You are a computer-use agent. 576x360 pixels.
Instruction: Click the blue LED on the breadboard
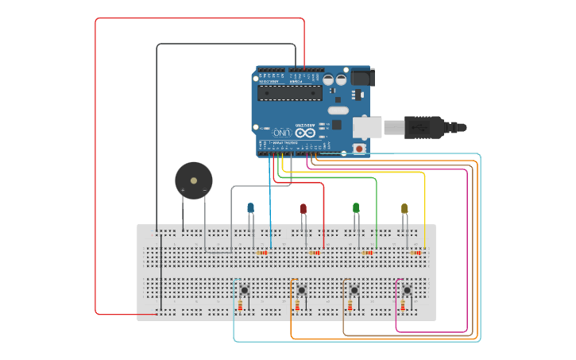251,208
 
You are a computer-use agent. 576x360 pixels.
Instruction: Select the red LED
303,209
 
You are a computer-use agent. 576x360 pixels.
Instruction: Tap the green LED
356,208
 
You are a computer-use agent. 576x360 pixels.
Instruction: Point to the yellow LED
404,209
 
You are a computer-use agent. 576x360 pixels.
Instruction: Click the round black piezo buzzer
194,180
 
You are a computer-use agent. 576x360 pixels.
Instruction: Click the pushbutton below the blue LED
245,290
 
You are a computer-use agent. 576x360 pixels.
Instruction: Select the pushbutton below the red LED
301,290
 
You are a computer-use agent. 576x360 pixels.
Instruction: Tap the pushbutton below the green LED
354,290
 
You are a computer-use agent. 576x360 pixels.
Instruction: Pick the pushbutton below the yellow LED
407,290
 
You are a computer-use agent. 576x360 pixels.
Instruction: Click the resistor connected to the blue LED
261,253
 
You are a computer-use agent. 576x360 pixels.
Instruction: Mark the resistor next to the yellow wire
416,253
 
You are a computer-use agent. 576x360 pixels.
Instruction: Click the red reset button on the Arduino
359,149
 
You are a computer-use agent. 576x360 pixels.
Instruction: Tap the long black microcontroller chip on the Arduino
289,93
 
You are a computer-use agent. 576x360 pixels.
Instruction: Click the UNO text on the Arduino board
281,132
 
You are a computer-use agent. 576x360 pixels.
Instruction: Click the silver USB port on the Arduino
367,126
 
